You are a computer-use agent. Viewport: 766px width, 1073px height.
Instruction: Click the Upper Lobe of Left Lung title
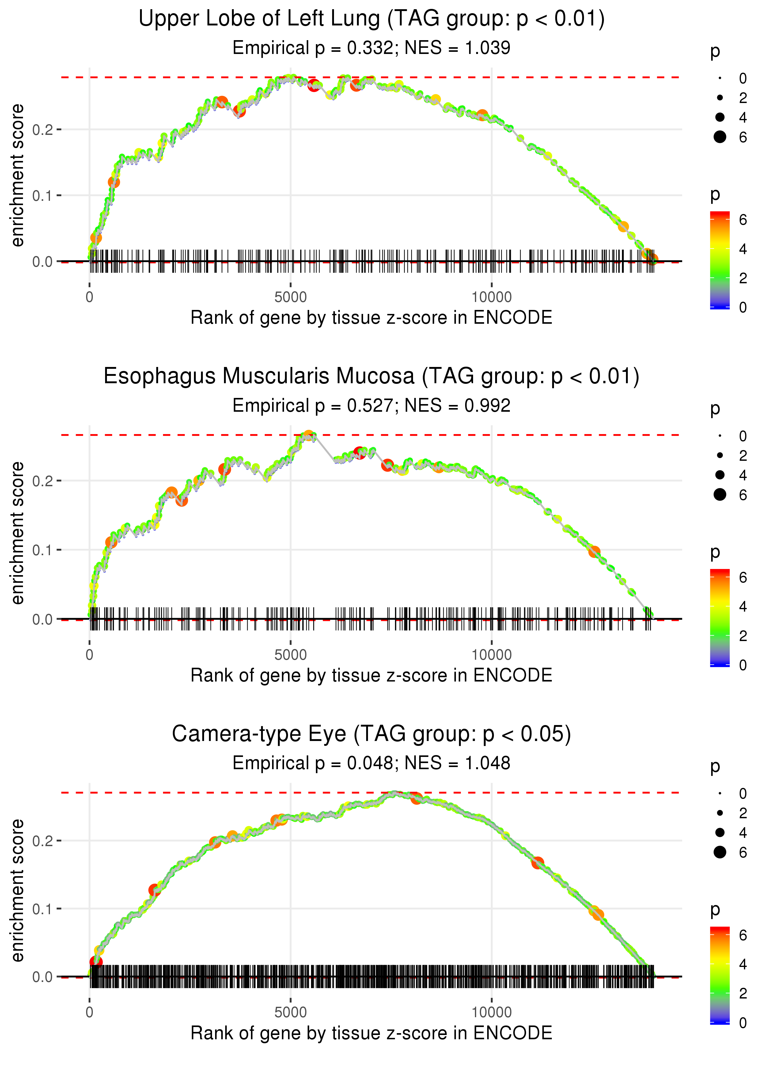click(371, 19)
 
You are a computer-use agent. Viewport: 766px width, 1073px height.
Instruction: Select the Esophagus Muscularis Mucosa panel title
click(371, 376)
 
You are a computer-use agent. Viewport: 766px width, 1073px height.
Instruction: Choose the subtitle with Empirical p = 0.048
click(371, 763)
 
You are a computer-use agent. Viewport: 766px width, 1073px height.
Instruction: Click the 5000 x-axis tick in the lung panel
click(290, 297)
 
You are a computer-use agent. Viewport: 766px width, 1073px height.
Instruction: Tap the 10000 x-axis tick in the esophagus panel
click(491, 655)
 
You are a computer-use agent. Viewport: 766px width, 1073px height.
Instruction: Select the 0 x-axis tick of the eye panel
click(89, 1013)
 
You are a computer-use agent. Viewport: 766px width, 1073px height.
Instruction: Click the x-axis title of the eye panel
click(371, 1033)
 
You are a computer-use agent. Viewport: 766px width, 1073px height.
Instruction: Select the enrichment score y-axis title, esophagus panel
click(17, 533)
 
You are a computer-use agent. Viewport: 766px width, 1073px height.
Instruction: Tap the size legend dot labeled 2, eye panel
click(720, 813)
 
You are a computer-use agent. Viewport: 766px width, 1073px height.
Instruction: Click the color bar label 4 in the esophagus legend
click(743, 607)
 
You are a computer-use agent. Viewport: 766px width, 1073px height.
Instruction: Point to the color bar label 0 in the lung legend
click(743, 308)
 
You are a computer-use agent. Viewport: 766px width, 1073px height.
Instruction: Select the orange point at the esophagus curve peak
click(309, 436)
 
